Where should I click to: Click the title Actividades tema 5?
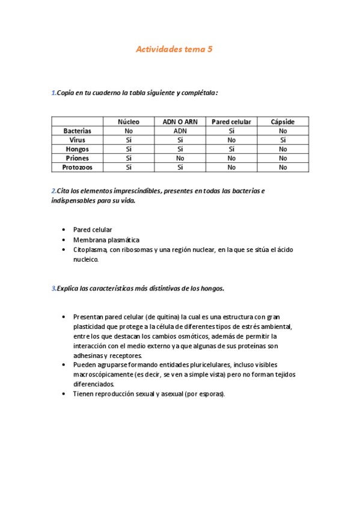174,50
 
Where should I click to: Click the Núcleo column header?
128,121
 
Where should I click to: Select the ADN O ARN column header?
180,121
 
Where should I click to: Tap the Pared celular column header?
231,121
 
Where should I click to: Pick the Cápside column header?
282,121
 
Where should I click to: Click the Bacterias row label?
77,131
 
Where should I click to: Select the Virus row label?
77,140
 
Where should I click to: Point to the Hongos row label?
77,149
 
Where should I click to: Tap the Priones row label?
77,158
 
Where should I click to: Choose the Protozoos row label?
77,167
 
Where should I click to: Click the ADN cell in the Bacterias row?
180,131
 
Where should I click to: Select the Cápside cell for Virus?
282,140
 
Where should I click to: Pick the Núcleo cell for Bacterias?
128,131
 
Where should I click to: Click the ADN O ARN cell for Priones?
180,158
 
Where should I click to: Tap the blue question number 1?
53,93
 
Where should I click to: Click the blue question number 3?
53,288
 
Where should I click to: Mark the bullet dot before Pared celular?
64,230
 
